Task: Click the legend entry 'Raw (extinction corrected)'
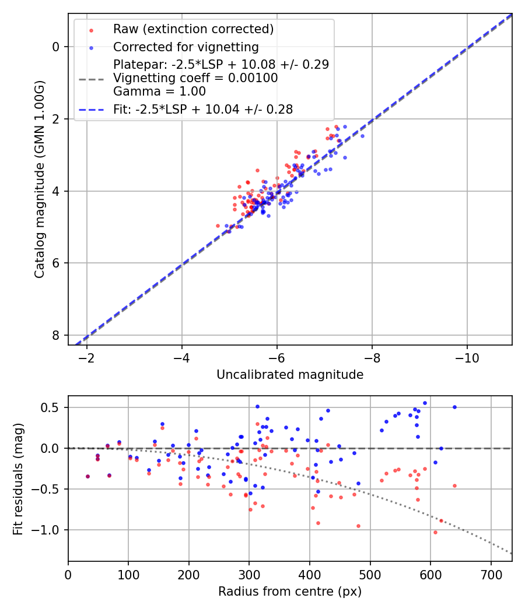[x=193, y=29]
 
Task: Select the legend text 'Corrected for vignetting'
[x=185, y=47]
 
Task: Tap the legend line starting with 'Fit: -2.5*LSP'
[x=202, y=109]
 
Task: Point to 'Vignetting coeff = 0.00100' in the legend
[x=195, y=78]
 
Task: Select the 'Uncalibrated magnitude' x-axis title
[x=290, y=375]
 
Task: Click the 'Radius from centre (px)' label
[x=290, y=592]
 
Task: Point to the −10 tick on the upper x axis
[x=467, y=357]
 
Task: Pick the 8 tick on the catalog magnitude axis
[x=56, y=335]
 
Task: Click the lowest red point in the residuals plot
[x=435, y=532]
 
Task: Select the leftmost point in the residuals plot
[x=87, y=476]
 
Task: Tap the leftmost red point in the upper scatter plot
[x=218, y=226]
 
